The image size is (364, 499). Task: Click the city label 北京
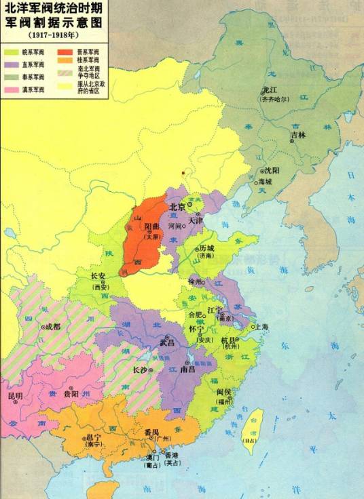[177, 207]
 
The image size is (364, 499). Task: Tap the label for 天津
[196, 220]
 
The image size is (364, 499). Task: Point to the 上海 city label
[260, 327]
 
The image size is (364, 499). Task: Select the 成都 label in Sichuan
[54, 326]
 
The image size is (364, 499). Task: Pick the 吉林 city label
[298, 135]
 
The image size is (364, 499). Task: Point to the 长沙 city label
[139, 370]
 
